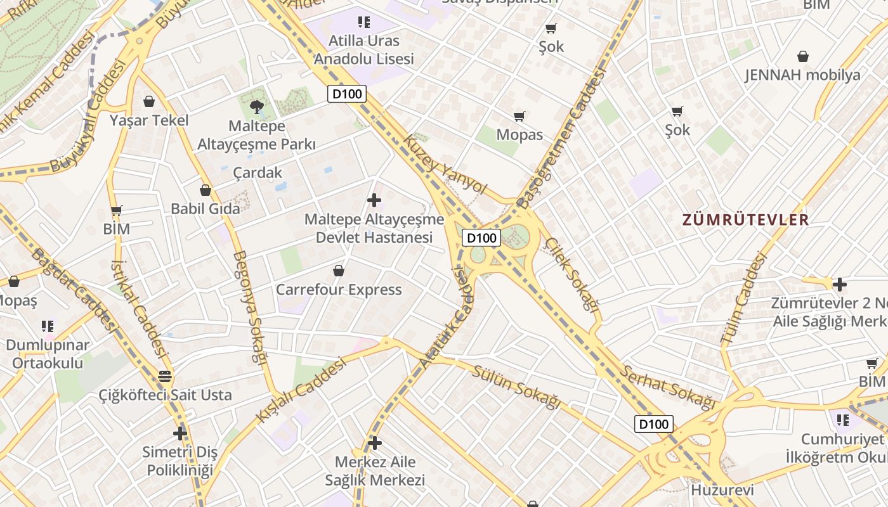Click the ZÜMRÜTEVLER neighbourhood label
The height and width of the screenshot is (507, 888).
coord(745,220)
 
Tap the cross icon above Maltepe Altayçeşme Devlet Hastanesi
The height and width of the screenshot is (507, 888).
coord(374,200)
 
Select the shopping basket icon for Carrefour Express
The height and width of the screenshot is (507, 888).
coord(339,271)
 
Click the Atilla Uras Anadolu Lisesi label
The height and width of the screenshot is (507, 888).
coord(364,50)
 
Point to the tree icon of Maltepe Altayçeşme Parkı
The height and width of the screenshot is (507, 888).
coord(257,106)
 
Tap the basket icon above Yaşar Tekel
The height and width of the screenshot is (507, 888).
coord(149,101)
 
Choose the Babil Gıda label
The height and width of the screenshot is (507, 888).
coord(206,209)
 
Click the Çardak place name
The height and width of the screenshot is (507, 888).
coord(258,172)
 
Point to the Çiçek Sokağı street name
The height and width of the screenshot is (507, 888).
coord(572,274)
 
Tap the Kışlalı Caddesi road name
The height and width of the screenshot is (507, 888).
coord(301,390)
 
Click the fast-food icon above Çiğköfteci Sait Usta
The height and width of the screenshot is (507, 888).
coord(165,376)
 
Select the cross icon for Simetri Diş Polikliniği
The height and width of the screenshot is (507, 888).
coord(180,433)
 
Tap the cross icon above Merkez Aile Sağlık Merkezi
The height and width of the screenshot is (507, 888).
coord(375,442)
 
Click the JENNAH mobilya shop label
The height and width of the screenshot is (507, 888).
coord(802,75)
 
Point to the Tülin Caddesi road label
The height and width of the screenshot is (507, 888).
coord(744,298)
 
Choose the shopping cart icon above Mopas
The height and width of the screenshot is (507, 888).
coord(519,116)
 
